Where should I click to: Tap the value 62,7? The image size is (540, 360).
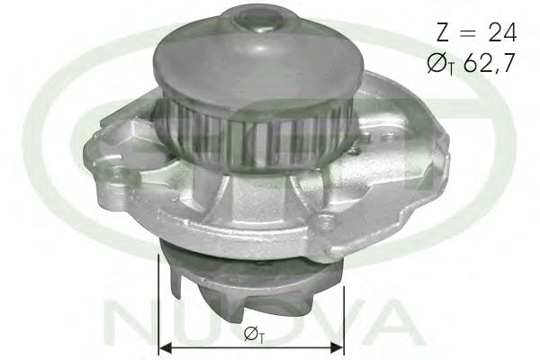click(490, 63)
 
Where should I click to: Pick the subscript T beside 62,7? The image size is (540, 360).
click(451, 70)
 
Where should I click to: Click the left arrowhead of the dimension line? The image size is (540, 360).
click(166, 348)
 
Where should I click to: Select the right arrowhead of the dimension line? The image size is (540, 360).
click(336, 348)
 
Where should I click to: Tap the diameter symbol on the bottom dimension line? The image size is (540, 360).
click(250, 334)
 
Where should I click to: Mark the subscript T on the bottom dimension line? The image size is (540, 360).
click(261, 340)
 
